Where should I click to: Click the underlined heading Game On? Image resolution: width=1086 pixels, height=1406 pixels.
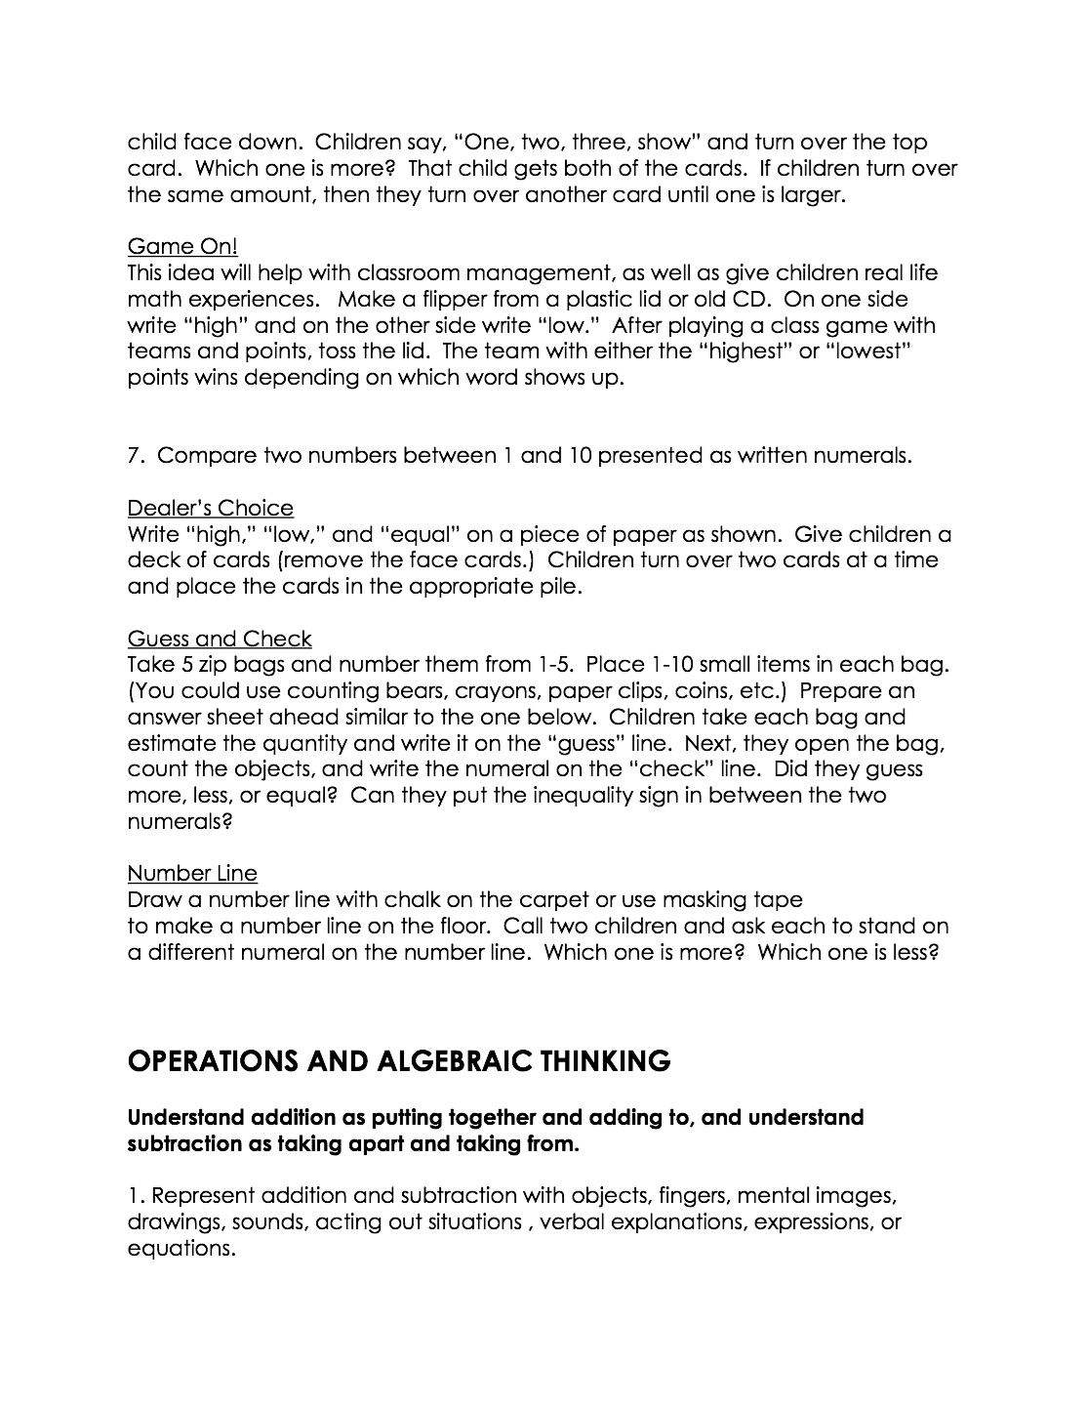(x=182, y=247)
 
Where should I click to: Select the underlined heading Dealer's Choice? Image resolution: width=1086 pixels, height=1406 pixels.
(x=210, y=508)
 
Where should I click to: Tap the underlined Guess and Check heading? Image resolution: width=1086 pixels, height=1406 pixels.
(x=220, y=639)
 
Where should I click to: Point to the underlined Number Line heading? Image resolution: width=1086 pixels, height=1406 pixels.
(x=192, y=873)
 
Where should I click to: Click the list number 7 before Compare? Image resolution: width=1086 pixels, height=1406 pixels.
(x=135, y=456)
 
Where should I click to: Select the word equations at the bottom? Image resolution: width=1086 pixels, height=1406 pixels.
(x=181, y=1249)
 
